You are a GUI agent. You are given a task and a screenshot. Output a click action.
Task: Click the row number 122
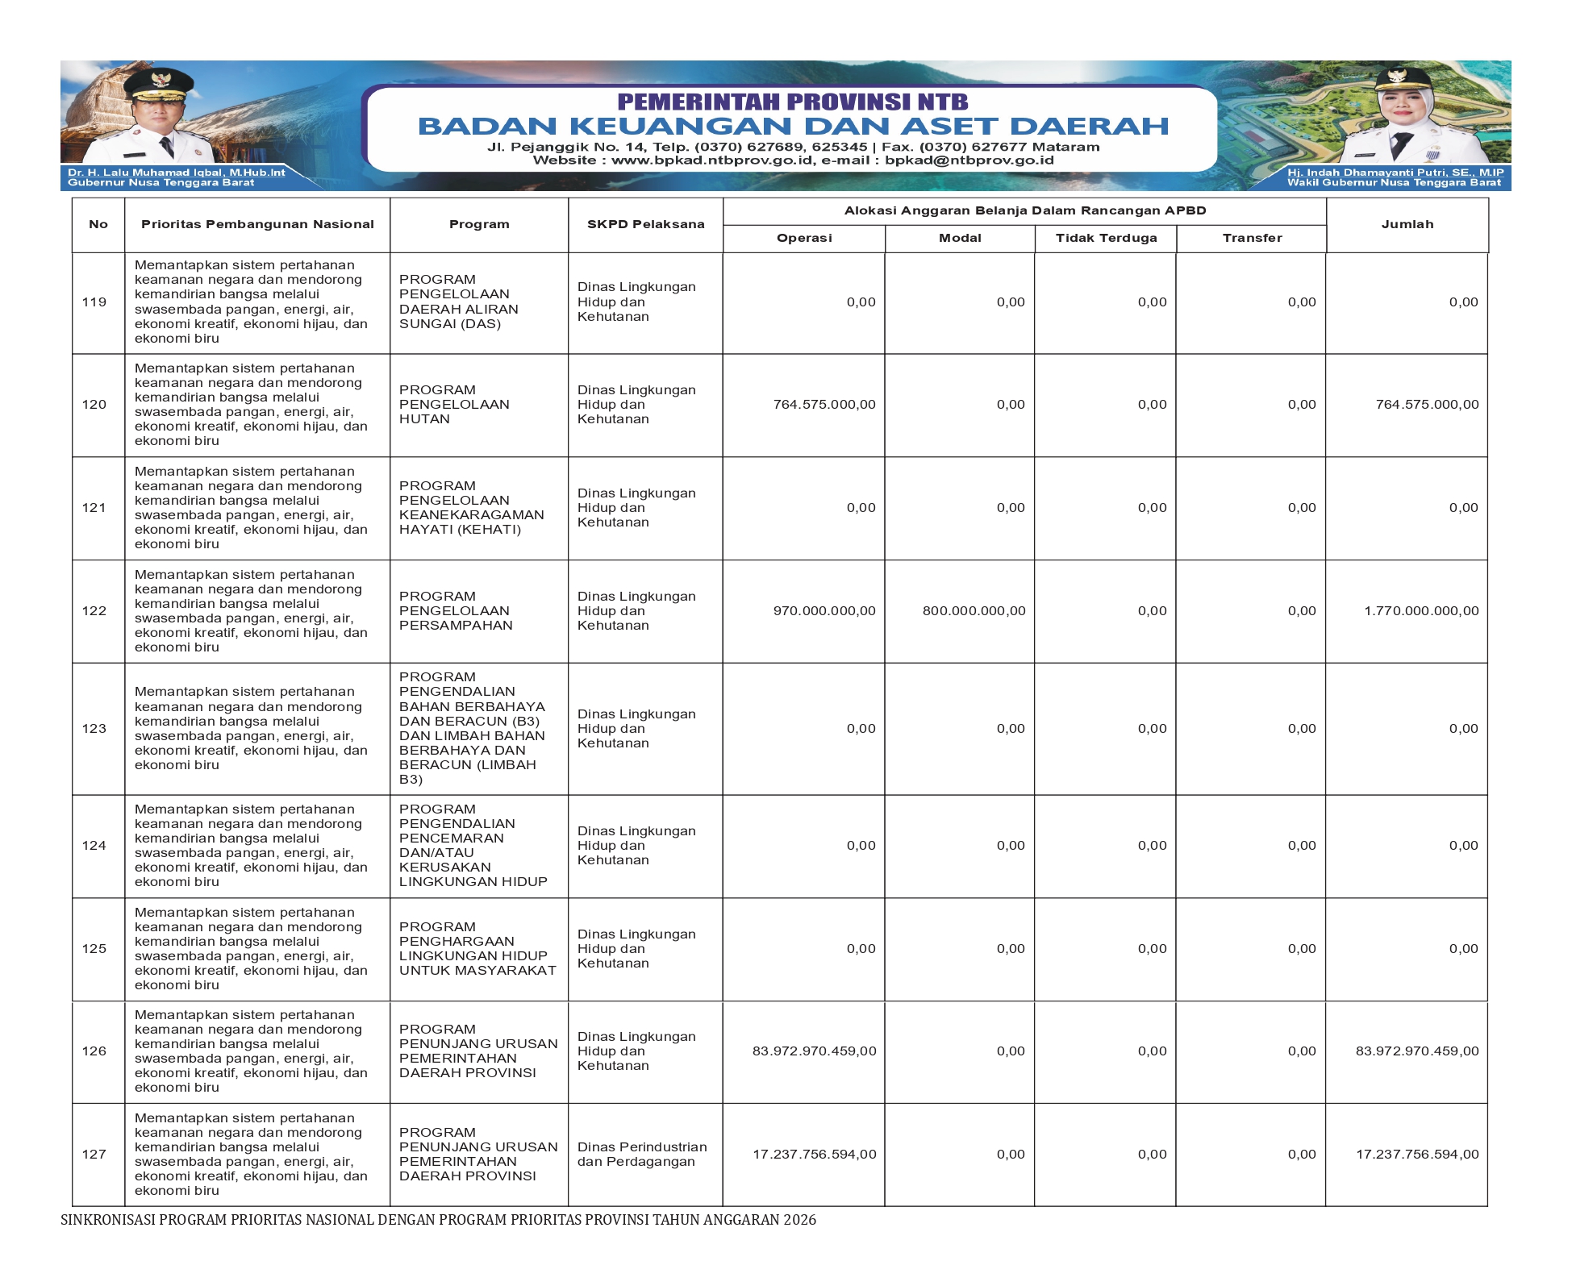(94, 611)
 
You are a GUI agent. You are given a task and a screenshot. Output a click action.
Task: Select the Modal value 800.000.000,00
(974, 611)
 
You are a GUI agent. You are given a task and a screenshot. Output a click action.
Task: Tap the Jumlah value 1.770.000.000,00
(1421, 611)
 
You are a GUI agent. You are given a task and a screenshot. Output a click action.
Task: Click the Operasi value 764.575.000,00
(824, 405)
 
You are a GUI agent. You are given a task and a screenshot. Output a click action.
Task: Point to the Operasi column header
(804, 238)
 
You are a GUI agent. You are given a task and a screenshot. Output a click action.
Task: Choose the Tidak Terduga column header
(1106, 238)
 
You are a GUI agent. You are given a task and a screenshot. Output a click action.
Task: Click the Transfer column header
(1252, 238)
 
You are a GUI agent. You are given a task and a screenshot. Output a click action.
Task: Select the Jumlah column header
(1407, 224)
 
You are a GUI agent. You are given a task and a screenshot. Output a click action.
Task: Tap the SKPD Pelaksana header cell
(645, 224)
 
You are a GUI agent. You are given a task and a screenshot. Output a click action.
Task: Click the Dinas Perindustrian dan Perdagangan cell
(641, 1155)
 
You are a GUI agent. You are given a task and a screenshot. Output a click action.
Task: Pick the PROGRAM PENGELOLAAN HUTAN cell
(454, 405)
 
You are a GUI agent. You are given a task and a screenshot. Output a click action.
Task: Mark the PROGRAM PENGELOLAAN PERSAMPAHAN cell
(456, 611)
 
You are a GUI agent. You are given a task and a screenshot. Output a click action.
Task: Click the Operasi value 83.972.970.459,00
(814, 1051)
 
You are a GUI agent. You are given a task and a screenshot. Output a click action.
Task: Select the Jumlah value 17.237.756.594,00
(1417, 1155)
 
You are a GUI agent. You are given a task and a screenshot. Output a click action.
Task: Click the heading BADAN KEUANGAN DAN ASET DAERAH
(793, 127)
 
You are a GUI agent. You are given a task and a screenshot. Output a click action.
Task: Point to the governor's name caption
(176, 173)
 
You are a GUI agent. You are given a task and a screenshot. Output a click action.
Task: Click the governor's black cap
(161, 81)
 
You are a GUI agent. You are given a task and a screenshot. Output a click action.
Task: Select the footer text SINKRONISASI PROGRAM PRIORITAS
(438, 1220)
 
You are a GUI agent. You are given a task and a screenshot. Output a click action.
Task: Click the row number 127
(94, 1155)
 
